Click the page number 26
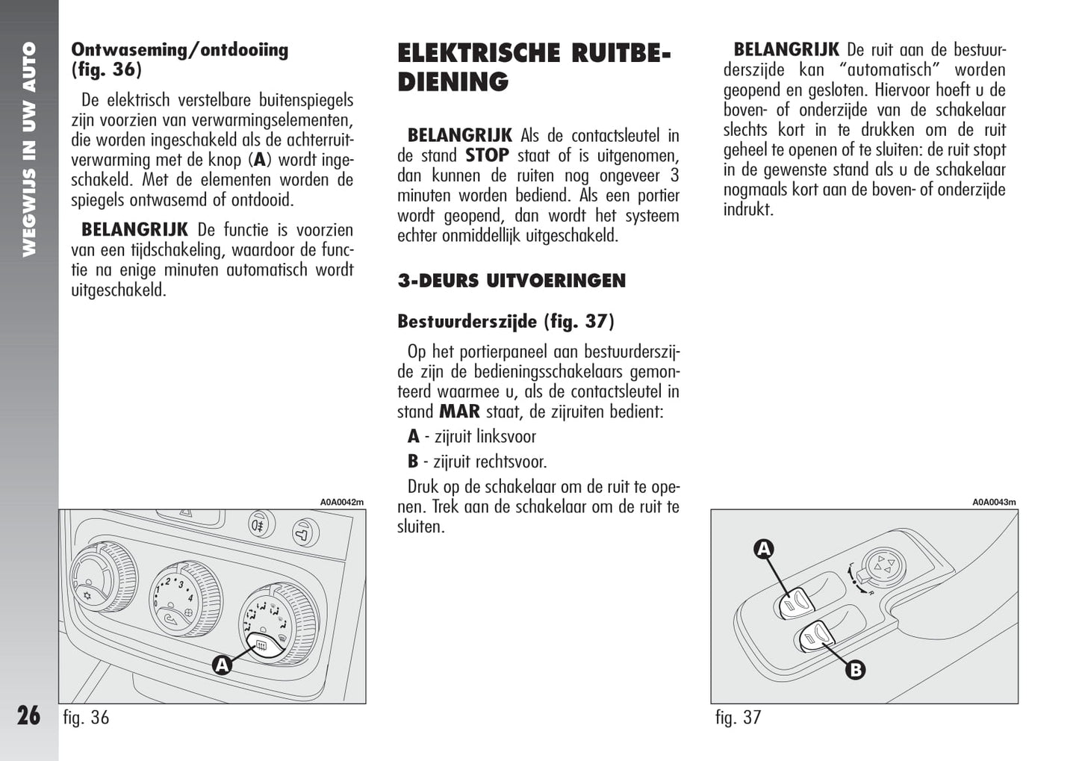click(x=28, y=715)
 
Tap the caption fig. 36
click(x=86, y=718)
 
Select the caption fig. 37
click(x=738, y=718)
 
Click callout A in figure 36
click(x=222, y=664)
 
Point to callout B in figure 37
click(x=855, y=669)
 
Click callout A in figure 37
click(x=763, y=550)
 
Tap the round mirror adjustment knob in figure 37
click(x=885, y=567)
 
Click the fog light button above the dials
click(x=260, y=525)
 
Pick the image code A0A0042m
click(x=342, y=502)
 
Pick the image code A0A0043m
click(x=994, y=502)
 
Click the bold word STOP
click(x=487, y=155)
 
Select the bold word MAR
click(x=459, y=411)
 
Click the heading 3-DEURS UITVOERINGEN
click(x=511, y=281)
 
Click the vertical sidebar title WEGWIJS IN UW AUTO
click(x=29, y=149)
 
